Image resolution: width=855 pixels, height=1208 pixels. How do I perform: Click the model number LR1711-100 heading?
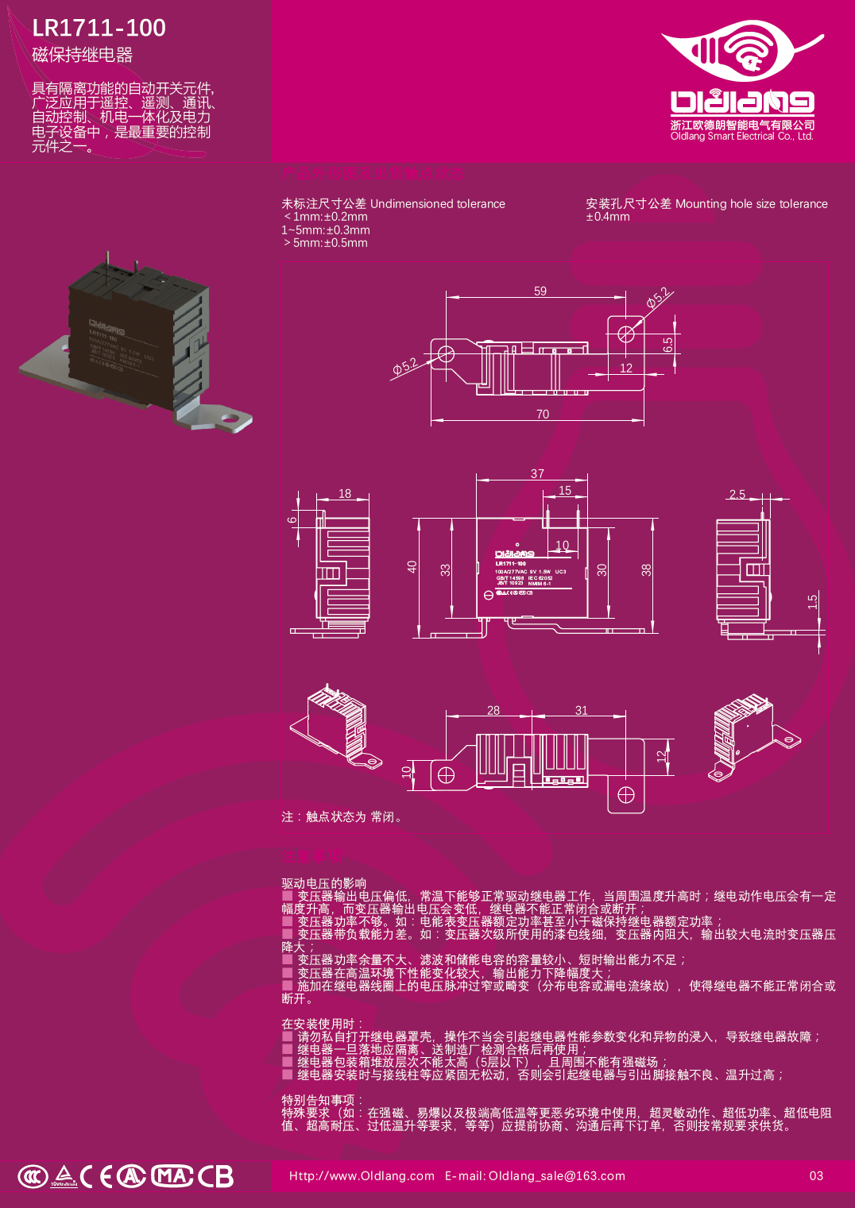(x=99, y=28)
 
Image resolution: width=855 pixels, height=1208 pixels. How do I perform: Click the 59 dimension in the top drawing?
(x=540, y=291)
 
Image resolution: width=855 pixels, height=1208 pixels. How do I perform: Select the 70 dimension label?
(x=543, y=414)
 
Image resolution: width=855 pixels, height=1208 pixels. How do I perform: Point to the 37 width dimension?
(x=538, y=473)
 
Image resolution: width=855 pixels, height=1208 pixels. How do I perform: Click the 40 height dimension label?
(x=412, y=567)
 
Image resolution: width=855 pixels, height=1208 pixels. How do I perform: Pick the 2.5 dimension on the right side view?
(x=737, y=494)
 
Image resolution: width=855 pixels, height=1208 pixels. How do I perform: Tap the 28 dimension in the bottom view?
(x=493, y=710)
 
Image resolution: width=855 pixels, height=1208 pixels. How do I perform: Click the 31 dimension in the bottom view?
(x=582, y=710)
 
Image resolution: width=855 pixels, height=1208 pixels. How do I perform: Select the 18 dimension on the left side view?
(x=345, y=493)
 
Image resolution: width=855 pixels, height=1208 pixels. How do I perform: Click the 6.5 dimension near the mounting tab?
(x=667, y=345)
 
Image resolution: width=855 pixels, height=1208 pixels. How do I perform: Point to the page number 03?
(x=816, y=1175)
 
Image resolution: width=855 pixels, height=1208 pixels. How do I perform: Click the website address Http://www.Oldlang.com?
(x=362, y=1175)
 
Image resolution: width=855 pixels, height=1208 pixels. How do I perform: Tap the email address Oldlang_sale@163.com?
(x=556, y=1175)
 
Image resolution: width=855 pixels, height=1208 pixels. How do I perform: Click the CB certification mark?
(x=215, y=1176)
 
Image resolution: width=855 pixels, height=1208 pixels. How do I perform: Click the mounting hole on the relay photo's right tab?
(x=232, y=417)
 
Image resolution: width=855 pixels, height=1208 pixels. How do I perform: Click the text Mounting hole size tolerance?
(x=751, y=204)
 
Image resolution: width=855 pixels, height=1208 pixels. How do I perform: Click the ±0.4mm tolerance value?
(x=608, y=217)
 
